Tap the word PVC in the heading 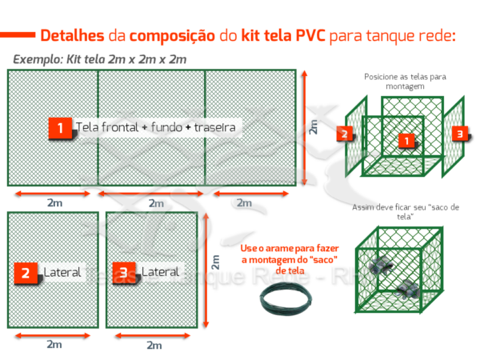(x=315, y=36)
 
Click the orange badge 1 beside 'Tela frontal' (x=59, y=128)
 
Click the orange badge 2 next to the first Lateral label (x=26, y=273)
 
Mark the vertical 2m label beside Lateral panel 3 (x=214, y=262)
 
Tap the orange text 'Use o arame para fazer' (x=290, y=248)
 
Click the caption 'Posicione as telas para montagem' (x=404, y=81)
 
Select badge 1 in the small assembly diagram (x=406, y=140)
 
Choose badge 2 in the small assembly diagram (x=343, y=134)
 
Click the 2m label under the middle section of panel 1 (x=152, y=203)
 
